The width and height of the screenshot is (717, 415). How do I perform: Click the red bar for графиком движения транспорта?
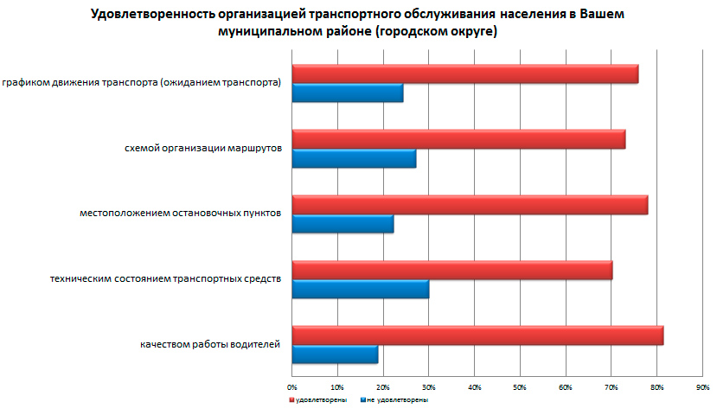click(464, 74)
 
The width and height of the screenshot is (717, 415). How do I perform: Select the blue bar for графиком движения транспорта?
click(347, 93)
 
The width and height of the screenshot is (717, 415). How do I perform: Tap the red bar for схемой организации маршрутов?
click(458, 139)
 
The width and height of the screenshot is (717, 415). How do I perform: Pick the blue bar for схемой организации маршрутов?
click(354, 158)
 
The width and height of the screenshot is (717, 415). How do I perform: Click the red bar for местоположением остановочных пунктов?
click(470, 205)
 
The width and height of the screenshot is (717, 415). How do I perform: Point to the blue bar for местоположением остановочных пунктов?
click(342, 224)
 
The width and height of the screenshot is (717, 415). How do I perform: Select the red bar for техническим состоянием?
click(451, 270)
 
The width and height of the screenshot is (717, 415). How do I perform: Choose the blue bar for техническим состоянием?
click(360, 289)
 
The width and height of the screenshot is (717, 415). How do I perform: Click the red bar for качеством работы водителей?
click(477, 335)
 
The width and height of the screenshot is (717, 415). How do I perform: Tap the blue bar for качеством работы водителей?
click(335, 354)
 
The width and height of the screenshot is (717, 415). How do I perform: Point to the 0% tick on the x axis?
click(292, 386)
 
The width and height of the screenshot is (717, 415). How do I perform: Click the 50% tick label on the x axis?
click(520, 386)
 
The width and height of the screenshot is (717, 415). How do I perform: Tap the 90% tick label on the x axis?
click(702, 386)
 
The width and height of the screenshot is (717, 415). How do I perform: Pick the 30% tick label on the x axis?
click(429, 386)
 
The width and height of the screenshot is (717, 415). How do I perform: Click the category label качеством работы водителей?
click(210, 345)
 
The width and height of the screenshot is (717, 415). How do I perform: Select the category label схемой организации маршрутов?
click(203, 149)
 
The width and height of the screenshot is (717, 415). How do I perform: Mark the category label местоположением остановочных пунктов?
click(180, 214)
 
